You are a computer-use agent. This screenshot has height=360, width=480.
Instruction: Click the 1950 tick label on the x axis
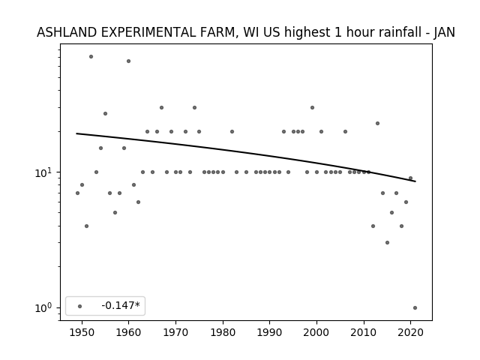82,332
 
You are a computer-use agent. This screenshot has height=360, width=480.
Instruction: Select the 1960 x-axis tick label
128,332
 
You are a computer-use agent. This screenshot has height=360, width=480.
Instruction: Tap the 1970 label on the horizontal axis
175,332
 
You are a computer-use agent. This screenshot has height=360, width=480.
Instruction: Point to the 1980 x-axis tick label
223,332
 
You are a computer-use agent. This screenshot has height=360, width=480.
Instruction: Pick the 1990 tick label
270,332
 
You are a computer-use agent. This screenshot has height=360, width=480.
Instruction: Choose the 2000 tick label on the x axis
316,332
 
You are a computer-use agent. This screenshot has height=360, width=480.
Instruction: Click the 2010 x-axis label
364,332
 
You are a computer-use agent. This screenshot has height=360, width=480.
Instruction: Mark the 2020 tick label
411,332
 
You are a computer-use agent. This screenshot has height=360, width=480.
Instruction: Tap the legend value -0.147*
121,305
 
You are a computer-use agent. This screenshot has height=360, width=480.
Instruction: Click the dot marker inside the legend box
80,306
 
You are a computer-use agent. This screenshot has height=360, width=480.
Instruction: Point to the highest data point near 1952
91,57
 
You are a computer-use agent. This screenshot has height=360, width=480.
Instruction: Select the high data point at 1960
128,61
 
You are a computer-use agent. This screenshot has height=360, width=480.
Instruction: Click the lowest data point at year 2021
415,308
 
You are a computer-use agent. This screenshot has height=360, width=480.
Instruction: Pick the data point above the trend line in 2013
377,123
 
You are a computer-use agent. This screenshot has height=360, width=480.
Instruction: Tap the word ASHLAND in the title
67,32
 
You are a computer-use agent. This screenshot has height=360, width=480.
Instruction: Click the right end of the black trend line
415,181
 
